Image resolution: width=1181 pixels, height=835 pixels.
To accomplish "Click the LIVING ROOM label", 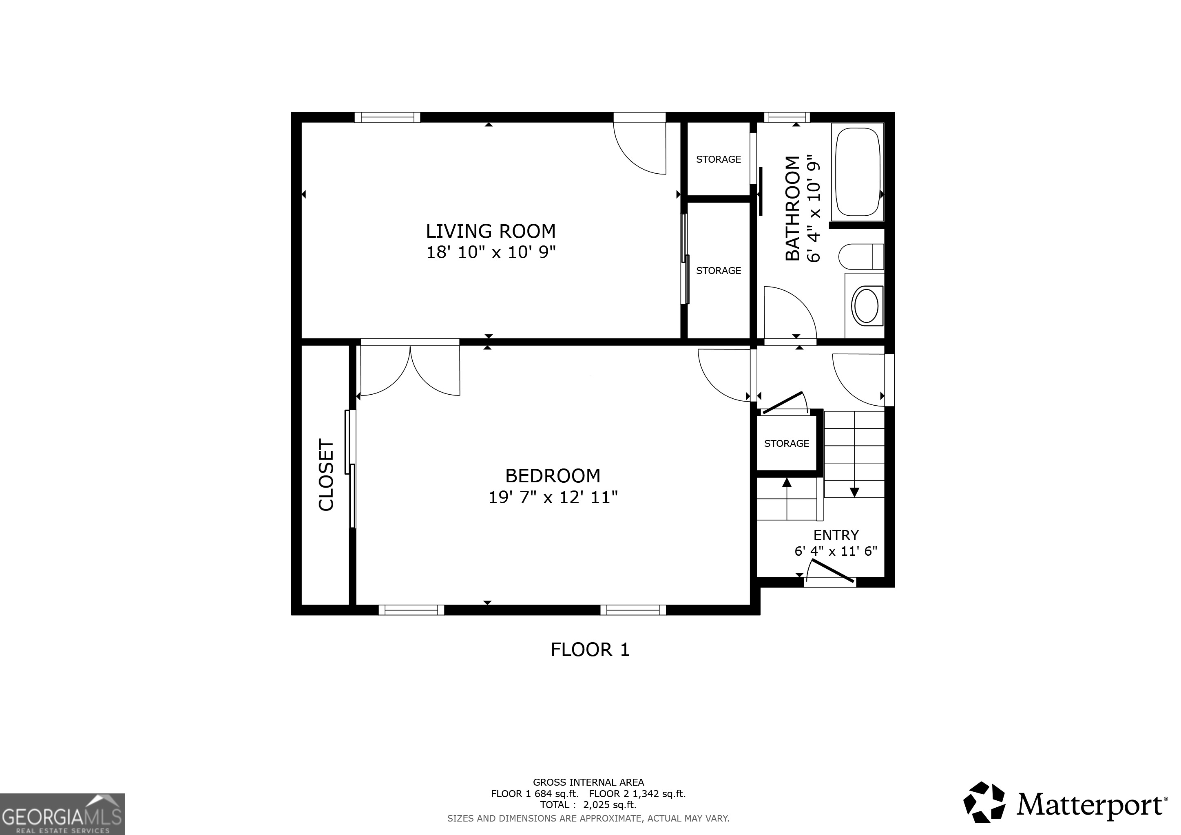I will click(491, 231).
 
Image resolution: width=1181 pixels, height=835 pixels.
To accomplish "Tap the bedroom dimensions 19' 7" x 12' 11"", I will click(553, 497).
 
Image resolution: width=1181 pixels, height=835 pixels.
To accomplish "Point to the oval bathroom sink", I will click(866, 306).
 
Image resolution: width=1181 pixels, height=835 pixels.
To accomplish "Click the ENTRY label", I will click(836, 535).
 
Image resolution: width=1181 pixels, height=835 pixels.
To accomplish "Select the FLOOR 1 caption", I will click(590, 650).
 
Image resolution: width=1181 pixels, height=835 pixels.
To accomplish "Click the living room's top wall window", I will click(387, 118).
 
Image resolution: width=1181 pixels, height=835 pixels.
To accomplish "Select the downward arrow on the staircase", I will click(854, 492).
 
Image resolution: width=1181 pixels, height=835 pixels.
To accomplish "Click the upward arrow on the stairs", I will click(787, 482).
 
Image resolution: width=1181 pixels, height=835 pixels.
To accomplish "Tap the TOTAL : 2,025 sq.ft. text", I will click(588, 805).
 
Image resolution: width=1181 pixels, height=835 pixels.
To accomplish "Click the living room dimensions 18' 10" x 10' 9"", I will click(491, 252).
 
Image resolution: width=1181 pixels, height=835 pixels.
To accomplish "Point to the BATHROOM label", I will click(793, 208).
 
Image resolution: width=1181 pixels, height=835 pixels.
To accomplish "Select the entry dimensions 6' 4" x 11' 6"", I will click(836, 551).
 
